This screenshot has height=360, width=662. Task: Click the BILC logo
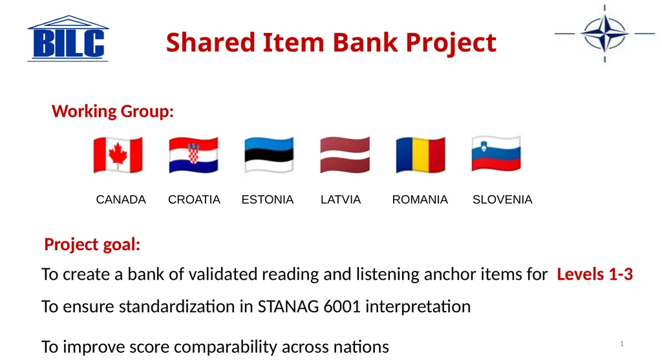pos(68,39)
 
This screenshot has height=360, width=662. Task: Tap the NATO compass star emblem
pos(604,34)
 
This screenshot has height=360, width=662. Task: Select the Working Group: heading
pos(112,111)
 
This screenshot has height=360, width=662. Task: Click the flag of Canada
pos(118,155)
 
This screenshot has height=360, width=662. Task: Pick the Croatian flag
pos(193,155)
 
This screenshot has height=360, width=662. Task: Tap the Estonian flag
pos(269,155)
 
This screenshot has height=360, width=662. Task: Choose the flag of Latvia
pos(345,155)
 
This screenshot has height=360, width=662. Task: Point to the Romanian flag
pos(420,155)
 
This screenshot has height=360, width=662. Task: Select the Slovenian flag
pos(496,154)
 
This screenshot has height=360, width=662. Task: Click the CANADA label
pos(121,199)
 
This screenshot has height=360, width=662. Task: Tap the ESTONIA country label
pos(267,199)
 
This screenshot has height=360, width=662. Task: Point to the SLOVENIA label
pos(502,199)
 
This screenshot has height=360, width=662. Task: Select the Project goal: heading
pos(92,244)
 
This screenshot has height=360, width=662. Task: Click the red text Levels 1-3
pos(595,274)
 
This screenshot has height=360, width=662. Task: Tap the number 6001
pos(342,306)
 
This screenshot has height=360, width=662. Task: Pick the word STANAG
pos(288,306)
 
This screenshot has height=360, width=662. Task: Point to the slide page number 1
pos(622,344)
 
